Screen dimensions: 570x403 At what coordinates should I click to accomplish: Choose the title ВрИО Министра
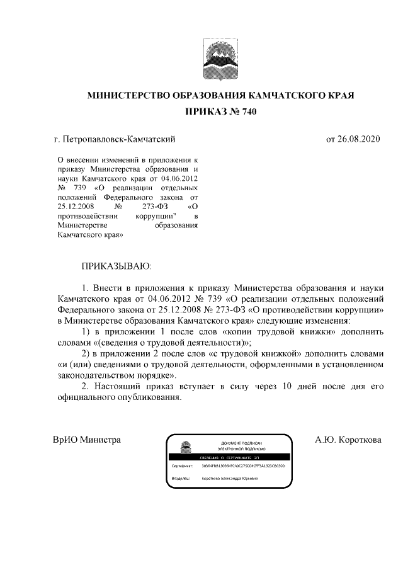[87, 440]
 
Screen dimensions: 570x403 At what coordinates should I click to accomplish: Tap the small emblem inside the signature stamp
[186, 448]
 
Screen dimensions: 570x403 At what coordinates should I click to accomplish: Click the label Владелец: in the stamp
[181, 478]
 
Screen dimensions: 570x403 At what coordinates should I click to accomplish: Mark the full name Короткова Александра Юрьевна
[230, 478]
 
